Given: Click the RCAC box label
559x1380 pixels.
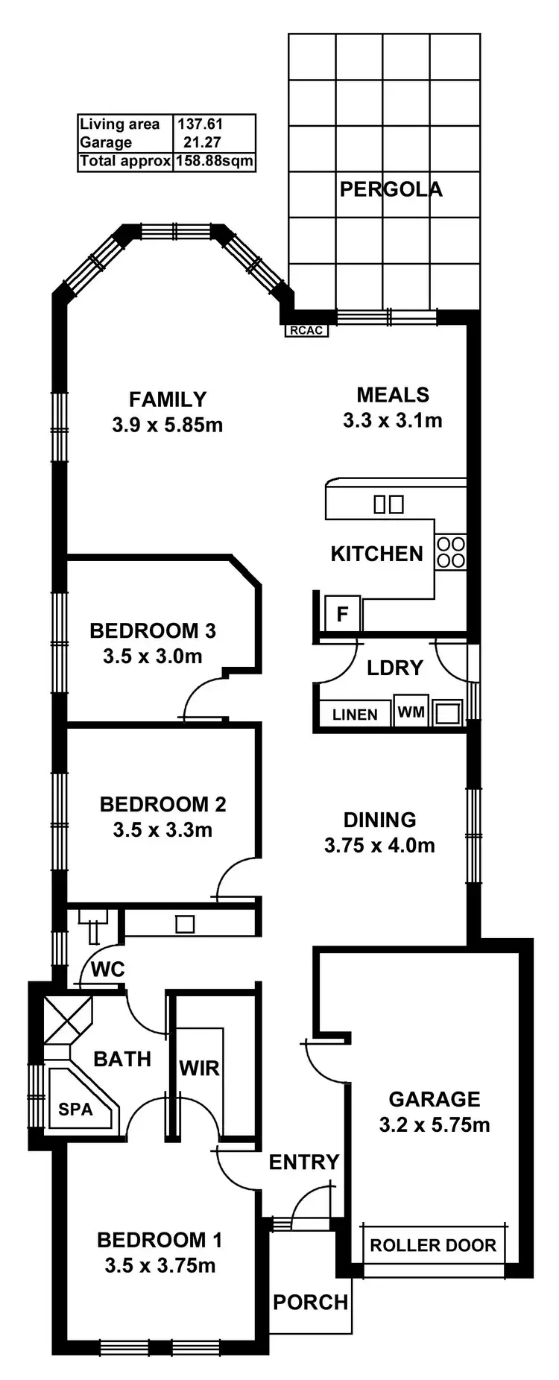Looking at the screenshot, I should click(x=306, y=330).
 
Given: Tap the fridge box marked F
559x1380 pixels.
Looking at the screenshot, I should click(x=343, y=614).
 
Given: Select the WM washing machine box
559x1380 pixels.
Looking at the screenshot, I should click(x=411, y=712).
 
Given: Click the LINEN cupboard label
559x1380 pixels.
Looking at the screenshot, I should click(x=355, y=715).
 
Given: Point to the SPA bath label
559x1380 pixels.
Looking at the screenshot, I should click(x=75, y=1110).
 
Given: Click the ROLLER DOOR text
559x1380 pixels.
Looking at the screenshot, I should click(x=433, y=1245).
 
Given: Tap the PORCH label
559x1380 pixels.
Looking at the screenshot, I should click(x=310, y=1303).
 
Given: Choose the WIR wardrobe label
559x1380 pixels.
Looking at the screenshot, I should click(x=199, y=1069).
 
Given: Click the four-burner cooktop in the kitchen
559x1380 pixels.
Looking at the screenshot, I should click(x=451, y=553).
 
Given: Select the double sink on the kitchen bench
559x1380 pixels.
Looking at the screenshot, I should click(x=388, y=504).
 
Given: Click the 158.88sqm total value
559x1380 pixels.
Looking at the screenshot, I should click(x=215, y=161).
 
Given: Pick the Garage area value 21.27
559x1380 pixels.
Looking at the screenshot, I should click(x=201, y=142).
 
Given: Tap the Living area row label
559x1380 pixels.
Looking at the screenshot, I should click(x=119, y=124).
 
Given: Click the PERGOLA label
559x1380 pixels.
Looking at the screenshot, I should click(x=391, y=189).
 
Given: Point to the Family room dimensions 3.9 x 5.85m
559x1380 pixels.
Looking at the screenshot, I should click(x=167, y=425).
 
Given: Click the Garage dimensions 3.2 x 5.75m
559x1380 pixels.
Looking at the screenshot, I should click(x=435, y=1125).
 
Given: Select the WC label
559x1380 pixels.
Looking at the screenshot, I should click(x=107, y=970).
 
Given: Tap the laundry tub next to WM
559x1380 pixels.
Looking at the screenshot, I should click(x=448, y=713).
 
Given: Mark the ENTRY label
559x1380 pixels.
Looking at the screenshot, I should click(x=303, y=1162).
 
